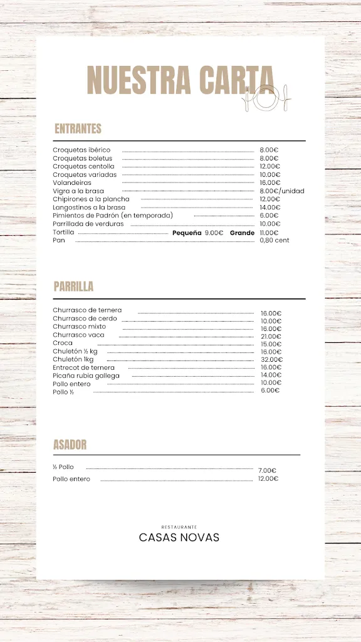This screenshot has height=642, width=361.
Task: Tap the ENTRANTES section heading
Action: click(x=78, y=129)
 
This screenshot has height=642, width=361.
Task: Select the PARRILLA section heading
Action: click(x=73, y=287)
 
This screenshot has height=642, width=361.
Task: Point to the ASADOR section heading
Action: click(x=70, y=445)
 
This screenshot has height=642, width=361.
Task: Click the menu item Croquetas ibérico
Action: click(x=81, y=150)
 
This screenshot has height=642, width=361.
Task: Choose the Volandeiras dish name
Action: click(x=72, y=182)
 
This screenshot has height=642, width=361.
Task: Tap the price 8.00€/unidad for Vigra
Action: click(x=281, y=191)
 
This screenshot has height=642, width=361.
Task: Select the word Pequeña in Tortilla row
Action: click(x=187, y=232)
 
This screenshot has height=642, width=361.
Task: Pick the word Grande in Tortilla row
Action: click(x=242, y=232)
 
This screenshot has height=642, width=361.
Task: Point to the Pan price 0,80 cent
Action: click(x=275, y=240)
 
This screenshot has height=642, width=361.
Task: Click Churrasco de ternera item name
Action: click(x=87, y=310)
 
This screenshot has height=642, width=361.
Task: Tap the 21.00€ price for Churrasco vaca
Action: click(x=271, y=337)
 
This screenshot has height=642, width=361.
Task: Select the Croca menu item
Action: click(x=63, y=343)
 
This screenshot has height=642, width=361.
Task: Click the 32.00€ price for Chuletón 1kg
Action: click(x=271, y=360)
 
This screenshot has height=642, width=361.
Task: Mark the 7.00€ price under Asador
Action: click(x=267, y=470)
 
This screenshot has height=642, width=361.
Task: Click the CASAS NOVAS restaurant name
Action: click(x=179, y=537)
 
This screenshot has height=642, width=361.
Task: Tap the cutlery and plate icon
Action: click(x=266, y=97)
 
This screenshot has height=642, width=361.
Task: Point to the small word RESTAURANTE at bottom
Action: click(x=179, y=527)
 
